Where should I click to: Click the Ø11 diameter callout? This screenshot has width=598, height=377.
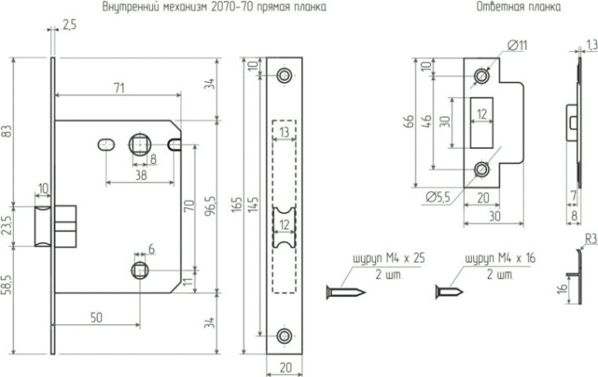click(518, 46)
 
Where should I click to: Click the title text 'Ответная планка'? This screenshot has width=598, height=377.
click(505, 7)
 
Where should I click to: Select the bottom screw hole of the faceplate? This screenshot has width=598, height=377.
click(284, 336)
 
